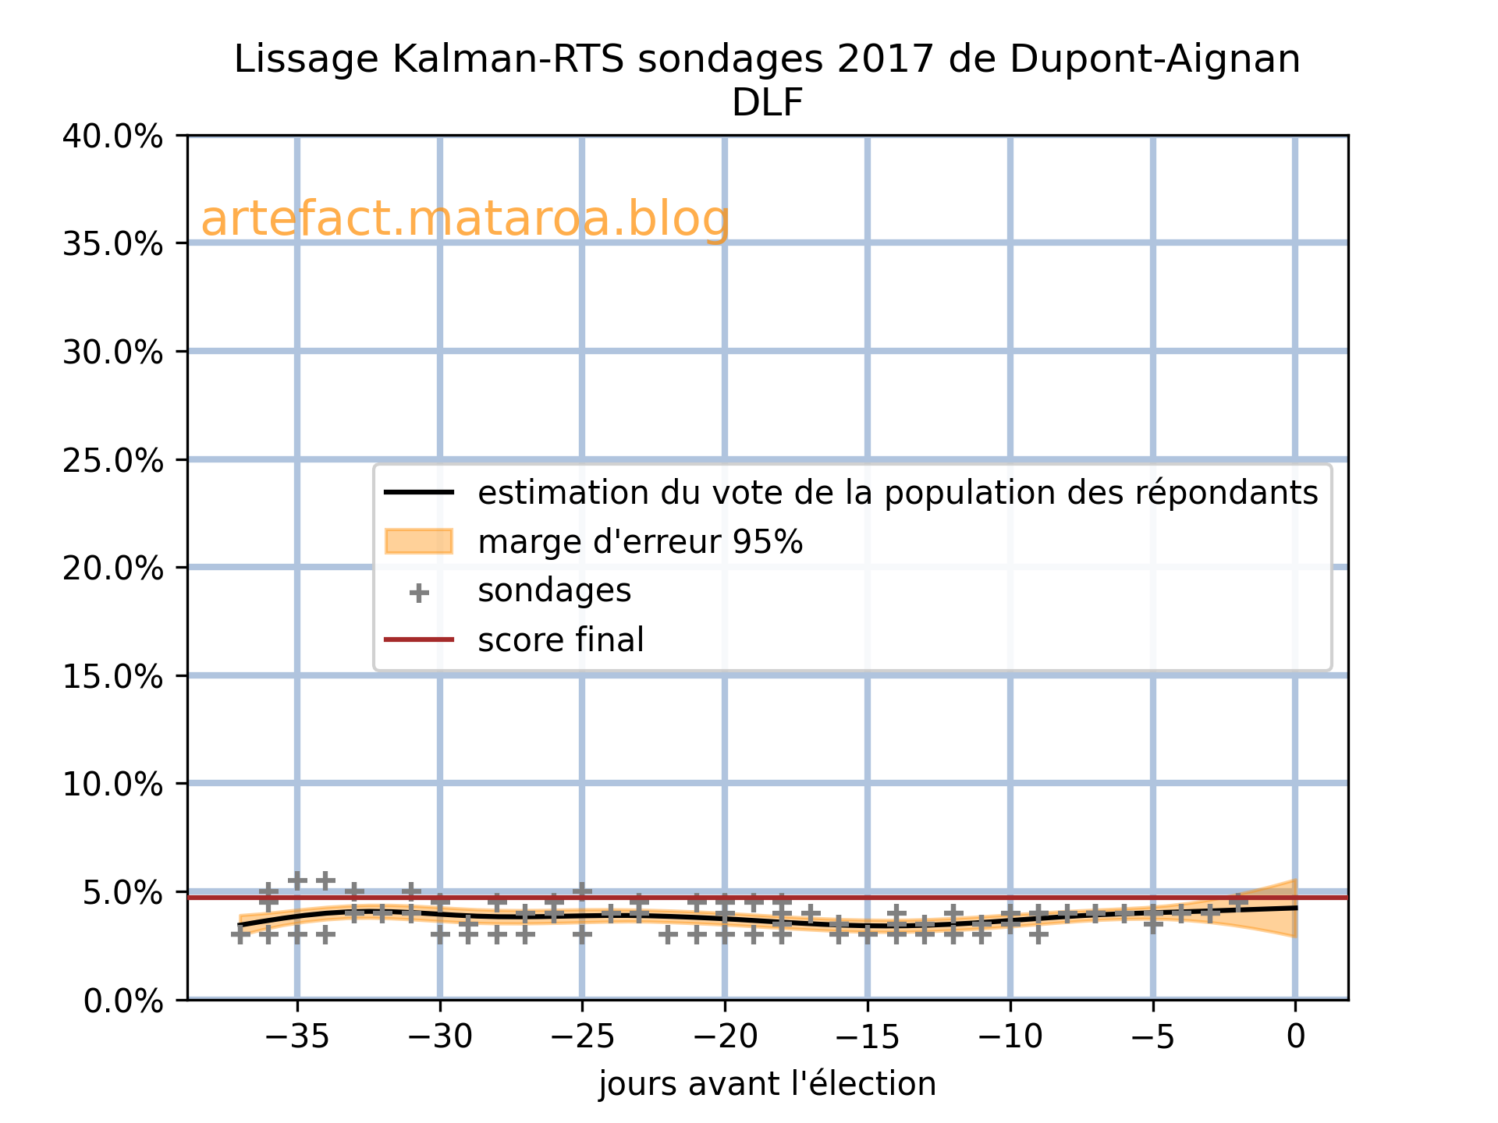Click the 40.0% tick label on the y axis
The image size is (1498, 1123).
[x=112, y=136]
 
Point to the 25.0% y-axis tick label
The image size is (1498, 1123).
[x=112, y=460]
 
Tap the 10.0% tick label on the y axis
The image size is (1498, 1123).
[x=112, y=784]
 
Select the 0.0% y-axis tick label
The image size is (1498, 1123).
[x=123, y=1001]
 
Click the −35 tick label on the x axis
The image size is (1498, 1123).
[x=296, y=1036]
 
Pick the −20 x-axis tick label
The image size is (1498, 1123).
[x=725, y=1036]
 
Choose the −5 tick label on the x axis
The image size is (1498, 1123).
[x=1152, y=1036]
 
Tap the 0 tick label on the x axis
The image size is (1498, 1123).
[x=1295, y=1036]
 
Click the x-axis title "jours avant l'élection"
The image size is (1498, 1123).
[x=767, y=1084]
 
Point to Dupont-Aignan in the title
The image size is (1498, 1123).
[x=1155, y=59]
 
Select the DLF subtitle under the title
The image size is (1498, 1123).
[x=767, y=103]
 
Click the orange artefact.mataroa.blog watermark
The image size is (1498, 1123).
[x=465, y=219]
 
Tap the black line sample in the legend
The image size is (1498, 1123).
[x=419, y=492]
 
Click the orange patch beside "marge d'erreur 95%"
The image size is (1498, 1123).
[x=419, y=541]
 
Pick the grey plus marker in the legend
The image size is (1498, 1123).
[x=419, y=593]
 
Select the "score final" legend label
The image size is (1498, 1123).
[x=561, y=640]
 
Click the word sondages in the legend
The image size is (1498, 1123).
[x=554, y=590]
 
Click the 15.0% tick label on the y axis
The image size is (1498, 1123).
[x=112, y=676]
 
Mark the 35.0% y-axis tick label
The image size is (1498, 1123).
[x=112, y=244]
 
